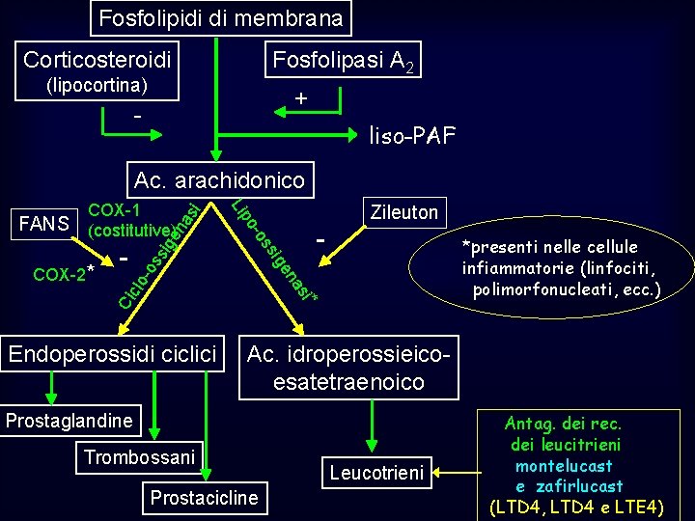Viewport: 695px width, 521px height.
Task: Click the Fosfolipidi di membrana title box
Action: pos(221,17)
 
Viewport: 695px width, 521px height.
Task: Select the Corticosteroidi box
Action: pos(97,60)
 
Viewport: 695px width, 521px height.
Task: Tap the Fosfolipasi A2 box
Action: pos(344,61)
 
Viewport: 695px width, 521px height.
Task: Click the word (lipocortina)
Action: pos(97,85)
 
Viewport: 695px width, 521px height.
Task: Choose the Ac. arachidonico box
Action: pos(219,179)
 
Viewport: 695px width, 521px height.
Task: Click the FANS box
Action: pos(42,225)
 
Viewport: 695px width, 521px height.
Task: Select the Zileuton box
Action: pos(401,212)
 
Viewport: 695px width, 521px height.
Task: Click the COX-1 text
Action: pos(114,210)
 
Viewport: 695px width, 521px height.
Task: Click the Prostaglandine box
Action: pos(69,420)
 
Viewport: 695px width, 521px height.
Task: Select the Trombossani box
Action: pos(139,456)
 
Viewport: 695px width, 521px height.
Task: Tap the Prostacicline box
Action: pos(204,498)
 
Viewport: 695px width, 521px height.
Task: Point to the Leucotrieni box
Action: pos(376,473)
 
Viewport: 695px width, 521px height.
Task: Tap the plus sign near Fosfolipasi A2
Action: pos(301,98)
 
